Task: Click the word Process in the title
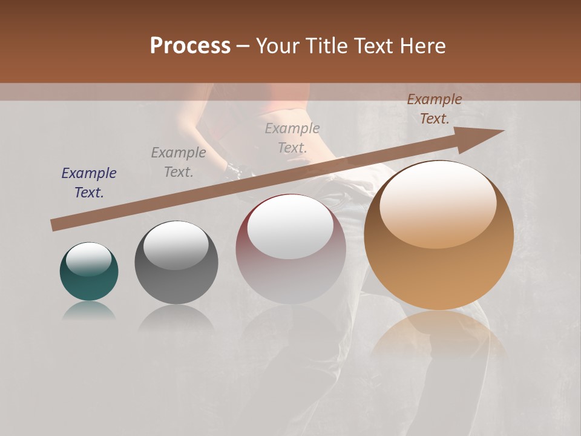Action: point(190,45)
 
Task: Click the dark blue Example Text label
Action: point(89,183)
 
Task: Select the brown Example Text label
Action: point(435,109)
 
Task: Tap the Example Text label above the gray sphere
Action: point(179,162)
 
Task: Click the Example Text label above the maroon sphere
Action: point(292,137)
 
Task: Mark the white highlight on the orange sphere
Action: point(437,205)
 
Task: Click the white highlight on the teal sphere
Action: point(89,259)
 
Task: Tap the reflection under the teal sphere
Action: point(89,311)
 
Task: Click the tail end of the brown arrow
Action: point(56,225)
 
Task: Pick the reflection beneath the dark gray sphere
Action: point(176,318)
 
